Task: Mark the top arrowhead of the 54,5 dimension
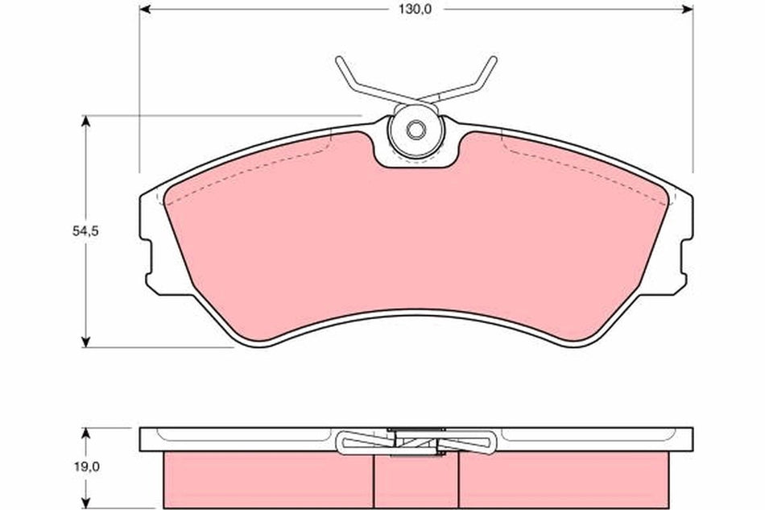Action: [85, 122]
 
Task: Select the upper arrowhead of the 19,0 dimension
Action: [85, 433]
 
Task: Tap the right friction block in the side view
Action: [564, 480]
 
